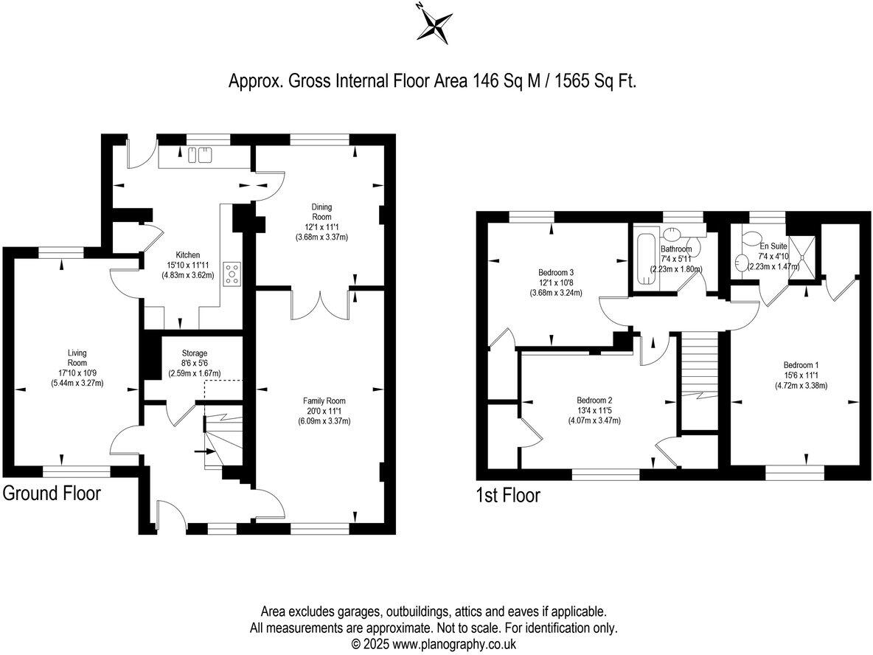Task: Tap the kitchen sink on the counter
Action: click(199, 154)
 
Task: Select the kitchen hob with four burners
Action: click(233, 272)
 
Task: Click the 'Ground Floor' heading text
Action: click(52, 493)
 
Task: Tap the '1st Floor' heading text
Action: click(507, 496)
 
